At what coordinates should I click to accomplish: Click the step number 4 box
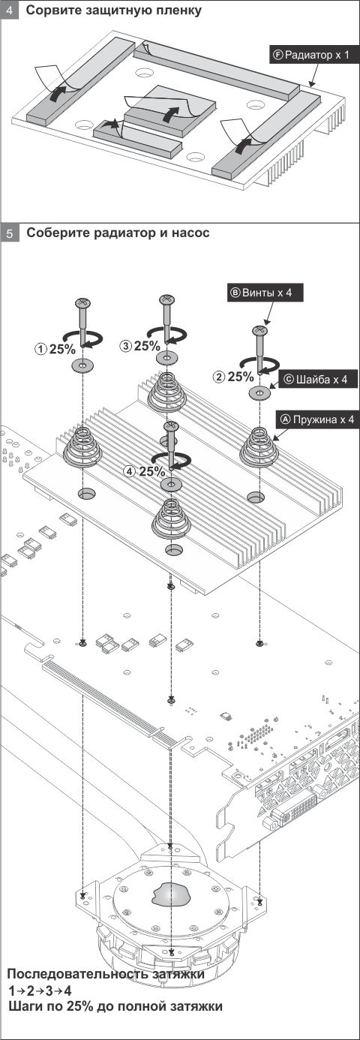point(10,10)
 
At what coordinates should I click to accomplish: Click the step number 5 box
point(10,233)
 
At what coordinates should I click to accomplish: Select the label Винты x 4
point(265,293)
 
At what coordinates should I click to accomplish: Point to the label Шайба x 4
point(316,380)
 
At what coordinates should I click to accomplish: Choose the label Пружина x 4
point(317,419)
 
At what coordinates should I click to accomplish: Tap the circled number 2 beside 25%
point(219,377)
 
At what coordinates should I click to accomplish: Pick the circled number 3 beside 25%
point(126,345)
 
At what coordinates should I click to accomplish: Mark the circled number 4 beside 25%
point(130,472)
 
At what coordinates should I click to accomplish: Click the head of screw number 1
point(82,302)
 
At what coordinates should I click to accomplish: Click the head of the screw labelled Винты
point(259,330)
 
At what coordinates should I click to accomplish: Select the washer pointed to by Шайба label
point(259,392)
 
